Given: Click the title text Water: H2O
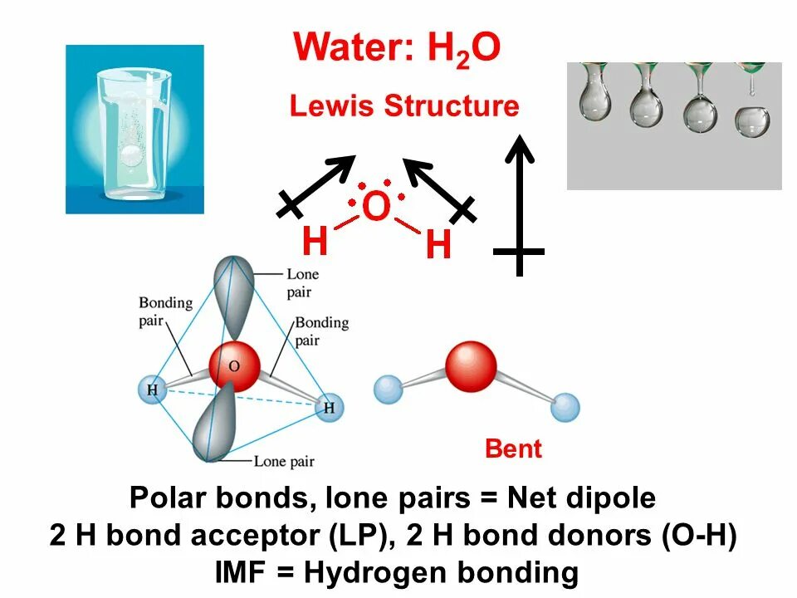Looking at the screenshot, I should pyautogui.click(x=397, y=48).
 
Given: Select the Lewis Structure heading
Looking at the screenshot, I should pyautogui.click(x=403, y=106).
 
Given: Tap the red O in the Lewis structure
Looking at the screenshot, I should pyautogui.click(x=375, y=207).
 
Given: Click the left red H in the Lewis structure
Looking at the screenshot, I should pyautogui.click(x=315, y=242).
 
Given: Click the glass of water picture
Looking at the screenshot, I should pyautogui.click(x=134, y=130).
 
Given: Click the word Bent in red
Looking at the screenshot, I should pyautogui.click(x=513, y=449).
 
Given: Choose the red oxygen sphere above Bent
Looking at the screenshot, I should pyautogui.click(x=471, y=365).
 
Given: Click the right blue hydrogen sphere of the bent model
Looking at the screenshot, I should pyautogui.click(x=565, y=407).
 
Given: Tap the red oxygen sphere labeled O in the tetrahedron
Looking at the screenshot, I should pyautogui.click(x=234, y=366).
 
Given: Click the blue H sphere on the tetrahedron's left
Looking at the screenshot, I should pyautogui.click(x=152, y=389).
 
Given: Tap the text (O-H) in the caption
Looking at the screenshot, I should pyautogui.click(x=699, y=536).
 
